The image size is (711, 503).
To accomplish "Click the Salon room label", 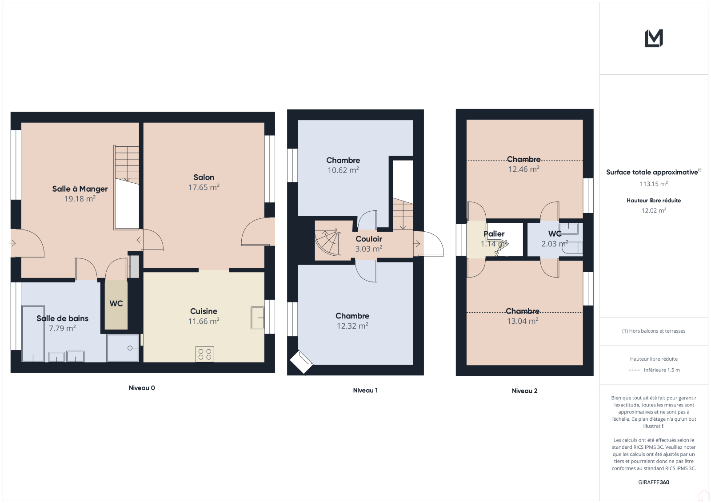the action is coord(204,177).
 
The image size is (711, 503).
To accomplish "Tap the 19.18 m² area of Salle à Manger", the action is coord(80,199).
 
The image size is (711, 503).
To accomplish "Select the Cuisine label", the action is coord(204,311).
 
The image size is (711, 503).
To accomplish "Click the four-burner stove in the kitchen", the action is coord(205,354).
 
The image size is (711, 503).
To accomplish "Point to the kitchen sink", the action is coord(257,318).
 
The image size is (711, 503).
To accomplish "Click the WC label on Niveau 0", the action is coord(116,303).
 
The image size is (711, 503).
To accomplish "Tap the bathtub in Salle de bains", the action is coord(33,334).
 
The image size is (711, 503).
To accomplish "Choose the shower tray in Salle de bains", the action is coord(123,348).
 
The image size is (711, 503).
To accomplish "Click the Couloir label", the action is coord(369,239).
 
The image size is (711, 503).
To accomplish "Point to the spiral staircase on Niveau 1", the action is coord(327,242).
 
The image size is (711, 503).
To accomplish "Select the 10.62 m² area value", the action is coord(343,170).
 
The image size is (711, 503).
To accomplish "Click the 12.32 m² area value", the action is coord(352,326).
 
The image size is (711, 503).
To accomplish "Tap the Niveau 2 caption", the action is coord(525,391).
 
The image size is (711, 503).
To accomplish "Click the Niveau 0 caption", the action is coord(142,388).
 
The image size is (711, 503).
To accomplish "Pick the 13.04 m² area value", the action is coord(523,321).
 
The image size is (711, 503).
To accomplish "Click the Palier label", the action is coord(494,234).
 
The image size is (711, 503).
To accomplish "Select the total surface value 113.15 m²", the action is coord(654,184).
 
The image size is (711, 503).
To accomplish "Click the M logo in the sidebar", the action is coord(654,38).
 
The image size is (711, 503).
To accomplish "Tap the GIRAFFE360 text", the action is coord(654,482).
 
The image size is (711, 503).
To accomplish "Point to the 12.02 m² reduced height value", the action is coord(654,210).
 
